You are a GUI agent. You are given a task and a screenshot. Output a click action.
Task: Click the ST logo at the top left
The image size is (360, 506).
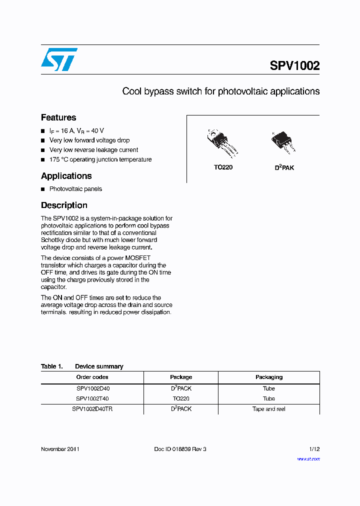coord(59,59)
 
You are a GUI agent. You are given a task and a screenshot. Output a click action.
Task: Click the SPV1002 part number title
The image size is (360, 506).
coord(294,66)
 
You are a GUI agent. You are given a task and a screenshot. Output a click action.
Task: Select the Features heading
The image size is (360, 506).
coord(58,117)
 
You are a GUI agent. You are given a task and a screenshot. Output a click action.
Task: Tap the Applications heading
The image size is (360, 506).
coord(66,176)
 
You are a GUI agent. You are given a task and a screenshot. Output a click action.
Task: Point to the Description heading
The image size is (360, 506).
coord(64,205)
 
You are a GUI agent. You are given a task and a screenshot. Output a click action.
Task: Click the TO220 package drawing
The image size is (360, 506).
coord(223,143)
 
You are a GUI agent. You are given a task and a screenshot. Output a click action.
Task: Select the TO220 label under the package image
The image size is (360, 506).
coord(223,167)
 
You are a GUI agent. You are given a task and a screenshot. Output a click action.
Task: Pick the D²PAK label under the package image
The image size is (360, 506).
coord(284,168)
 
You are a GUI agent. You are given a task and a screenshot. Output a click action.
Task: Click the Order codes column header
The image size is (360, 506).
coord(92,377)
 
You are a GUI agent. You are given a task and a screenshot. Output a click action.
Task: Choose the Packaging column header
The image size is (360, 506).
coord(269,377)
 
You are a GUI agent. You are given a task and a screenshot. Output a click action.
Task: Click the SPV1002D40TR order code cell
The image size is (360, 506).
coord(92,409)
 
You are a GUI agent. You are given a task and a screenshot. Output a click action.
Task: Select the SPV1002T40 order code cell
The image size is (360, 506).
coord(92,398)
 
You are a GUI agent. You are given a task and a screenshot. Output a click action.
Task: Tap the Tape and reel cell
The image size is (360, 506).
coord(269,409)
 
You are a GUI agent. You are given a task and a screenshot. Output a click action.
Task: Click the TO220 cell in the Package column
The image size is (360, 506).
coord(181,398)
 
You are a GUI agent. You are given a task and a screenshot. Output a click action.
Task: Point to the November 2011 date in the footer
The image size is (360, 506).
coord(60,449)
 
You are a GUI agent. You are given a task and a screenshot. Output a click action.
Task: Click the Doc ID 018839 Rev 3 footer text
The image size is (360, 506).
coord(180,449)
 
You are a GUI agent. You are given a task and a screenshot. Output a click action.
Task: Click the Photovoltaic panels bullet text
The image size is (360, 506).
coord(75,189)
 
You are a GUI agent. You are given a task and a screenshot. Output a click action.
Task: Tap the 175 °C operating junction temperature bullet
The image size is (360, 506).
coord(100,159)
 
